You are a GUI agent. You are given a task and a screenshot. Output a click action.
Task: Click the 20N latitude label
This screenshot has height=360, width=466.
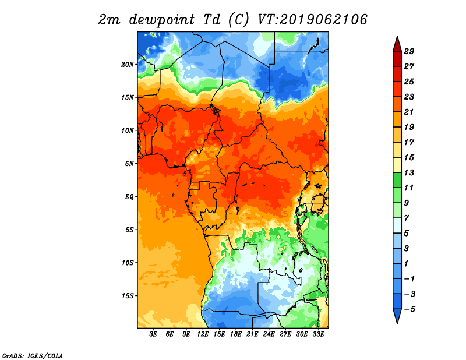[x=128, y=65]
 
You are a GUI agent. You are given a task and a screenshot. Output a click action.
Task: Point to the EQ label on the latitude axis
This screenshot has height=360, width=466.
[x=129, y=197]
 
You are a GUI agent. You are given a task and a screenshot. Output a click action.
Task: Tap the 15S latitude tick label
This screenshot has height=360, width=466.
[x=128, y=296]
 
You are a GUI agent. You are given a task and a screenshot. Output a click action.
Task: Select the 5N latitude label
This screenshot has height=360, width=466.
[x=129, y=164]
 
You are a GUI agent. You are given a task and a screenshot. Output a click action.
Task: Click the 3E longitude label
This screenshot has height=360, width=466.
[x=153, y=334]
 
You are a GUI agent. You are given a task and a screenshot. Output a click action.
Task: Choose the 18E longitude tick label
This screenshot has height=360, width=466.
[x=236, y=334]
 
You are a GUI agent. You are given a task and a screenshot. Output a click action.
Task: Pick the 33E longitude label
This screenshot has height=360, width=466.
[x=318, y=334]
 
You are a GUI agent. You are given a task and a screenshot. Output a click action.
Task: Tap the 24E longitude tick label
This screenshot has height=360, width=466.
[x=269, y=334]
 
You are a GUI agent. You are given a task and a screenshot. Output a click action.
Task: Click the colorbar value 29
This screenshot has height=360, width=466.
[x=409, y=51]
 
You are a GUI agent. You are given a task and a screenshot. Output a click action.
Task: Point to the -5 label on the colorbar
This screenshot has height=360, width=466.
[x=409, y=309]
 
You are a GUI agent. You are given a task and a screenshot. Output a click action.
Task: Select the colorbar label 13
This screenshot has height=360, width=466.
[x=409, y=172]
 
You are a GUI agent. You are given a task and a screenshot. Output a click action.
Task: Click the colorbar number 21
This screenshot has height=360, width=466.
[x=409, y=112]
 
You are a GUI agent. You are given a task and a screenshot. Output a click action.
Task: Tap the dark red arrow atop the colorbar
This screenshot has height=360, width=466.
[x=397, y=44]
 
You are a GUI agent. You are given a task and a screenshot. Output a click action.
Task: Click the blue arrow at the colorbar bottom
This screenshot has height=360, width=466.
[x=397, y=316]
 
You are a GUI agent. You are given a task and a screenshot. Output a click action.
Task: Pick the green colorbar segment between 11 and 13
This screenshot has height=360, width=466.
[x=397, y=180]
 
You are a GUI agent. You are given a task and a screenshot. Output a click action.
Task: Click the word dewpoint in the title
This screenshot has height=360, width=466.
[x=162, y=20]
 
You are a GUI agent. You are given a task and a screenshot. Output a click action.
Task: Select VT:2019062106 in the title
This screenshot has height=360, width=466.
[x=312, y=20]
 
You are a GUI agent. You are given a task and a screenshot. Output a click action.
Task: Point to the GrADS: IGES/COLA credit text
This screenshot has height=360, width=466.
[x=33, y=355]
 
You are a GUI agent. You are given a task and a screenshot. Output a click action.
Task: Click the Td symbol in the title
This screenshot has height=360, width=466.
[x=211, y=20]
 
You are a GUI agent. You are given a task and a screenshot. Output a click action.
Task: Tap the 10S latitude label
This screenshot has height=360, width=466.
[x=128, y=263]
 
